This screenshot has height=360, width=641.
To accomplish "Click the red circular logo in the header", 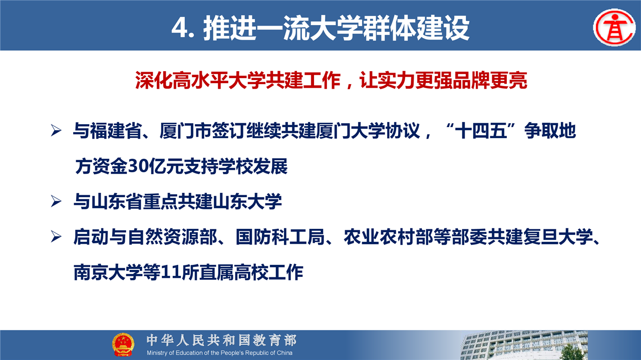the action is pyautogui.click(x=614, y=28).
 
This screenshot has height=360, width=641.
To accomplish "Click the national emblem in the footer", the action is pyautogui.click(x=123, y=344).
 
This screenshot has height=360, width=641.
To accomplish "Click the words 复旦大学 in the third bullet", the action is pyautogui.click(x=558, y=237).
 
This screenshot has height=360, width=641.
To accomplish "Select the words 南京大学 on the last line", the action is pyautogui.click(x=108, y=272).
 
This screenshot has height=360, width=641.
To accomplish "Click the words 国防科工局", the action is pyautogui.click(x=280, y=237).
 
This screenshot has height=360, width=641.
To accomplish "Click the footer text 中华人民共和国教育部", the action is pyautogui.click(x=221, y=340).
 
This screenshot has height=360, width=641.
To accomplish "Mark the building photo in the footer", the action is pyautogui.click(x=524, y=345).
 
